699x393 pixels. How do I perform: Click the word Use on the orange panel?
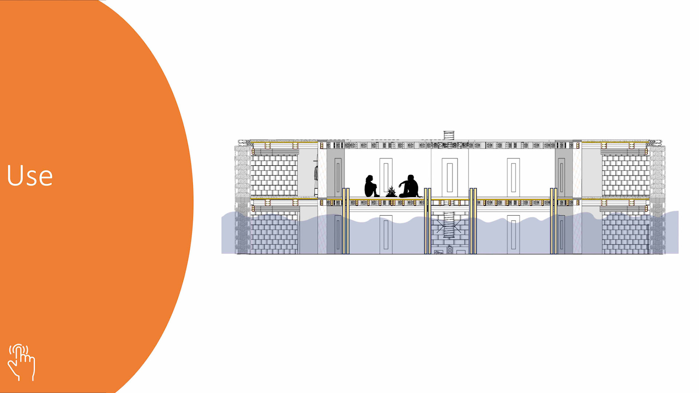point(30,175)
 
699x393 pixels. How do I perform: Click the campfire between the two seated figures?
point(391,192)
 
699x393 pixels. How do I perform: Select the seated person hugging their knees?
point(371,186)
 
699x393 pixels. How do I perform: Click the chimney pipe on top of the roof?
point(449,135)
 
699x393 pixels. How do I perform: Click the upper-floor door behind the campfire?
point(386,176)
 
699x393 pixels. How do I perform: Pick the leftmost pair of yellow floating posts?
point(346,221)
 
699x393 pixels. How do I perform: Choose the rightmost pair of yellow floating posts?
point(553,221)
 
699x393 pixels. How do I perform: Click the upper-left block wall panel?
point(274,175)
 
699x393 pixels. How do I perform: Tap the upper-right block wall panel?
point(625,175)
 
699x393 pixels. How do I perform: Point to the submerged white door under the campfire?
point(386,235)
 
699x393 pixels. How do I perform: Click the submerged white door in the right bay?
point(513,235)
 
